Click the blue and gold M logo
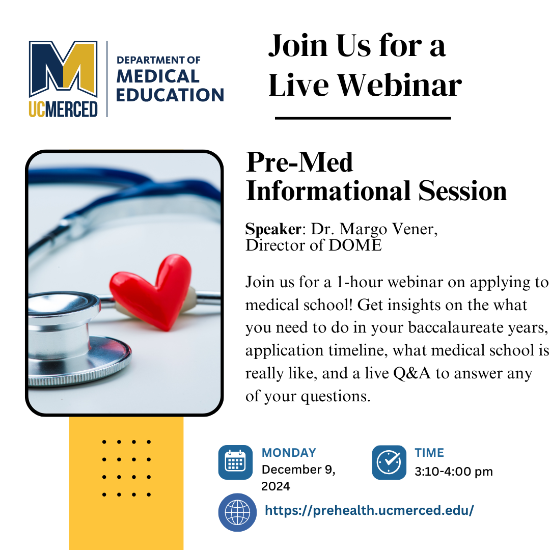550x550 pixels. coord(63,68)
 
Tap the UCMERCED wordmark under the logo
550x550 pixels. coord(63,109)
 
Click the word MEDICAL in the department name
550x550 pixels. coord(158,76)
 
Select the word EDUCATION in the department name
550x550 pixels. coord(170,95)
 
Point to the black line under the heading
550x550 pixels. coord(363,118)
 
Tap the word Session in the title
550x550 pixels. coord(462,191)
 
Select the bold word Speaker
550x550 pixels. coord(273,229)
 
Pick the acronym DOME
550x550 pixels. coord(355,245)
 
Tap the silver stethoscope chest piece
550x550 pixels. coord(75,339)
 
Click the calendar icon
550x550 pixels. coord(235,462)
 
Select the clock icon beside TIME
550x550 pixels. coord(389,462)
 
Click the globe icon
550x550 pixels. coord(237,512)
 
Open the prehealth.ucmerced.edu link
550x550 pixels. coord(369,510)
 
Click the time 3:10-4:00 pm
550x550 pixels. coord(454,472)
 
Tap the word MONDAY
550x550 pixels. coord(289,453)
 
